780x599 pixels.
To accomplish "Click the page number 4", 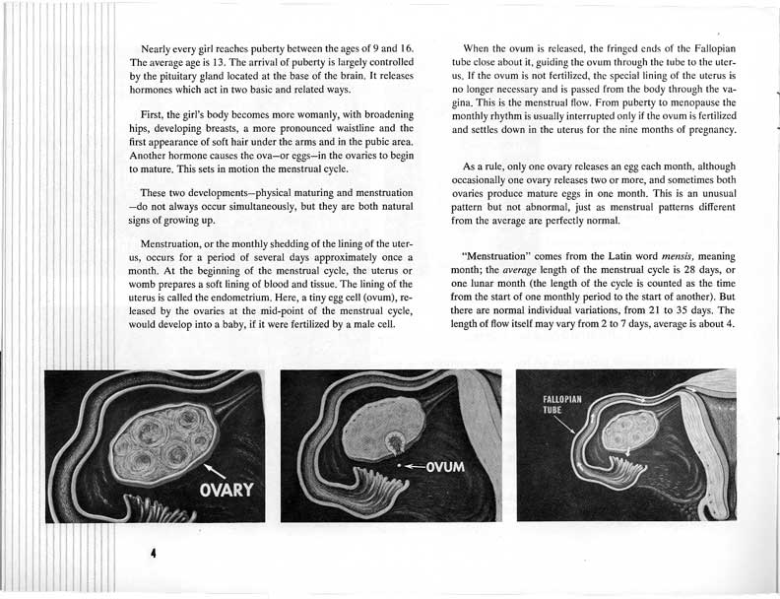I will tap(154, 554).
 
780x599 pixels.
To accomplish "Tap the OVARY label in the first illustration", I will tap(227, 490).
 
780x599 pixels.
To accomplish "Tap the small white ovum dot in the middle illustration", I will tap(399, 465).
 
